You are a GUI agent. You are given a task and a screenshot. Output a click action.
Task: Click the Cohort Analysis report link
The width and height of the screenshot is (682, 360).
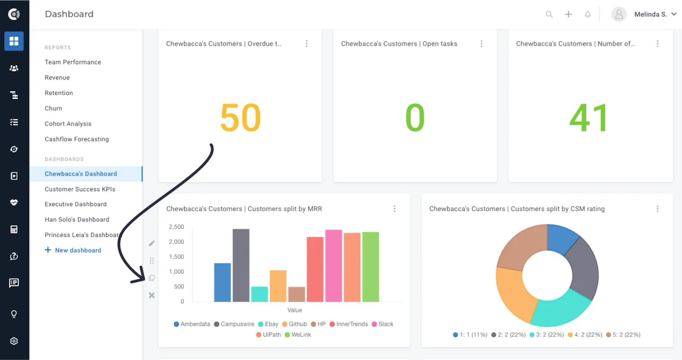coord(68,124)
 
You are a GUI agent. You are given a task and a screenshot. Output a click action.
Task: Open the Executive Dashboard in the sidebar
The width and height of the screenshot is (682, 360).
coord(75,204)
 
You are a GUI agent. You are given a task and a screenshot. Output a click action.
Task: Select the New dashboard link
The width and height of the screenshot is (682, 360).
coord(73,250)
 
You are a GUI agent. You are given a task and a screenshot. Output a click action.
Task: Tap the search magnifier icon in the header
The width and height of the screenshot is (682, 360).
coord(549,14)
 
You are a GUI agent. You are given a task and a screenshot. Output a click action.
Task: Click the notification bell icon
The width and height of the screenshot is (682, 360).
coord(588,14)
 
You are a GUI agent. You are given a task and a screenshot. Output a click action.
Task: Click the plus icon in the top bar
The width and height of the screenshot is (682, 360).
coord(568,14)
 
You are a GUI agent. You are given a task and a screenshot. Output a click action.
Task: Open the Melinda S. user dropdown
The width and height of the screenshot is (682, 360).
coord(655,14)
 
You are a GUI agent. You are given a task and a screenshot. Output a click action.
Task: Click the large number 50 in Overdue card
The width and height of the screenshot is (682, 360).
coord(240,118)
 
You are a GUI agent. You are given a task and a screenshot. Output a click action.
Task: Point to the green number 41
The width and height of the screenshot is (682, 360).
coord(589,118)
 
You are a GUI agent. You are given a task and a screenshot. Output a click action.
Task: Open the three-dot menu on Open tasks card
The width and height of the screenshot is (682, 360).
coord(481,44)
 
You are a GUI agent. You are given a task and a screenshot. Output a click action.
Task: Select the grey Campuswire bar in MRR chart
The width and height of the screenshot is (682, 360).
coord(241,265)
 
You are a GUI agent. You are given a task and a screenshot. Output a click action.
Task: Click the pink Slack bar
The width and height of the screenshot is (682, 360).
coord(333,266)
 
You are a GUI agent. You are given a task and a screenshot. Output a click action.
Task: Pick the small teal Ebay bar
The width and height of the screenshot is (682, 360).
coord(260,294)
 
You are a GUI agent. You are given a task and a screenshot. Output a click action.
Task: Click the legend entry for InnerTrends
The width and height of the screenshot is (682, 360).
coord(349,324)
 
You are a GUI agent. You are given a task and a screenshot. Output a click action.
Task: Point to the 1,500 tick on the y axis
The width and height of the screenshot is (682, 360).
coord(176,256)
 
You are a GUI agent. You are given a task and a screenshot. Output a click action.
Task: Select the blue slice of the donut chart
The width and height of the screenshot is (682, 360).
coord(562,239)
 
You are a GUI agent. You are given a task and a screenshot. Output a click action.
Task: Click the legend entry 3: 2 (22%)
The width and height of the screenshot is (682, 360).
coord(546,335)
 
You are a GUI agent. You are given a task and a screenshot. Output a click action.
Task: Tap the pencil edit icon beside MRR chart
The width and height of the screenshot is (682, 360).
coord(152,243)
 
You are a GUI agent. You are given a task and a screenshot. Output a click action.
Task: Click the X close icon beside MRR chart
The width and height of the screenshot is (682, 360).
coord(152,295)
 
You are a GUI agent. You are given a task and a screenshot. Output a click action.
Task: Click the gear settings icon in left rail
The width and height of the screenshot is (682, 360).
coord(14,341)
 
